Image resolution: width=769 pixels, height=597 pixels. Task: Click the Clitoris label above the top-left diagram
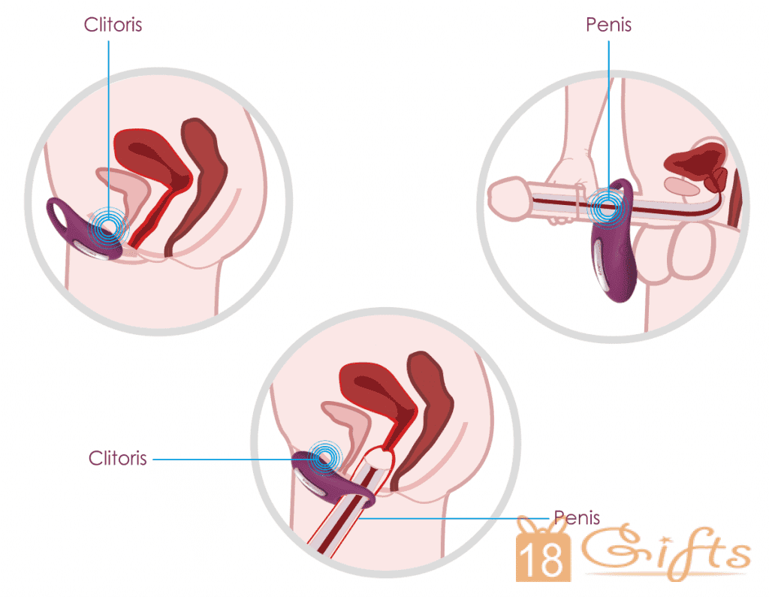(113, 25)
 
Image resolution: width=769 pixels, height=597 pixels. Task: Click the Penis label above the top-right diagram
(608, 25)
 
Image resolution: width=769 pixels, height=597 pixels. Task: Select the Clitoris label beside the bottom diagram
(118, 458)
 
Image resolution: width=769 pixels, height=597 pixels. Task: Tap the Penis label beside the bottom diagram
(577, 517)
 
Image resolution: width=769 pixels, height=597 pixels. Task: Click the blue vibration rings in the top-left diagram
(110, 227)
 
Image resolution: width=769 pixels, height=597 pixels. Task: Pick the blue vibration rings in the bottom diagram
(325, 456)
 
